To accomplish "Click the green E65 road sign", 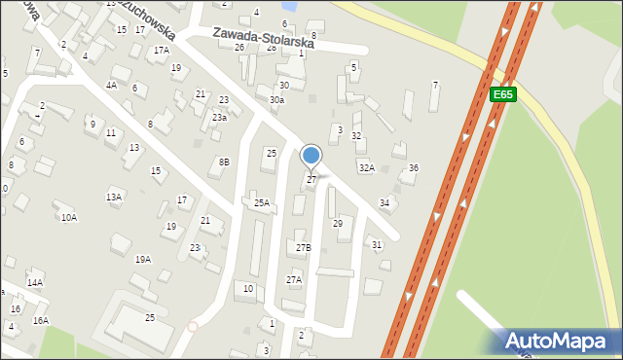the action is [502, 94].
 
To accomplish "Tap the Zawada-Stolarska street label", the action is [264, 37].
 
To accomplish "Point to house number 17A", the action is [161, 50].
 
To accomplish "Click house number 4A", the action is [111, 85].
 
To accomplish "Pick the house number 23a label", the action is [220, 118].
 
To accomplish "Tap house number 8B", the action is [224, 162].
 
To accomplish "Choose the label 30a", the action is [277, 100].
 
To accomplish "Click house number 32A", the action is [366, 168].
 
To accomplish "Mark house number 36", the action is [413, 168].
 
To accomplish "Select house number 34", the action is [385, 202].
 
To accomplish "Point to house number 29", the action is [338, 224].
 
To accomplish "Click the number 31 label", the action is [377, 244].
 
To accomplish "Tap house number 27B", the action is [304, 248].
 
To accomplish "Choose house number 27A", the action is [294, 279].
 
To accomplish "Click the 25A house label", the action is [261, 203].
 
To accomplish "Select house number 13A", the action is [114, 198].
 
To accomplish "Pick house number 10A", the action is [68, 218].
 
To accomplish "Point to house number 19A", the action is [143, 260].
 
